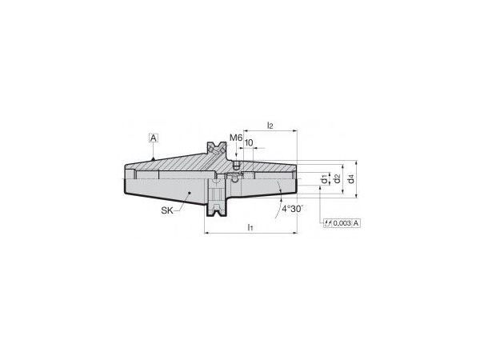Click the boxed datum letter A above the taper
pos(154,138)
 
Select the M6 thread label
pos(236,138)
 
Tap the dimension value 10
pos(249,143)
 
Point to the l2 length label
pos(270,126)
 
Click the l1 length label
pos(250,227)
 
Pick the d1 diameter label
pos(324,179)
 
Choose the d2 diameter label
pos(337,178)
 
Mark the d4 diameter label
pos(351,178)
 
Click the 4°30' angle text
pos(292,209)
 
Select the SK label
pos(167,210)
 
